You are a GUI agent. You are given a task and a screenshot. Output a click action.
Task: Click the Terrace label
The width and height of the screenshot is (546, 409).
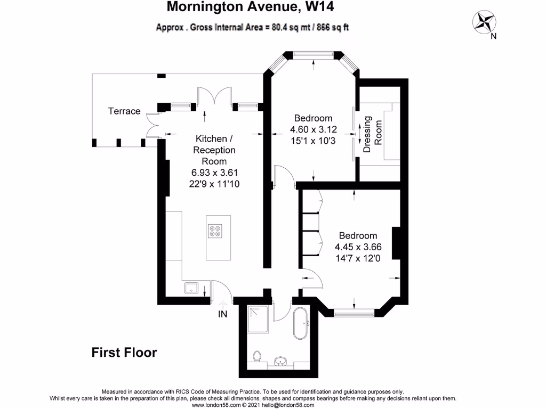(x=124, y=111)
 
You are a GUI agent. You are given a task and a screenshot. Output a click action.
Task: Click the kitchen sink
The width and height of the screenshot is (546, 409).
(x=192, y=288)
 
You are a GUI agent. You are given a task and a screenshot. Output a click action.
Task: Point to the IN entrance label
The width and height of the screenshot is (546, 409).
(x=222, y=314)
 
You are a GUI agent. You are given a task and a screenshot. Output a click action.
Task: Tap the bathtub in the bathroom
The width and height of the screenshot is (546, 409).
(x=301, y=323)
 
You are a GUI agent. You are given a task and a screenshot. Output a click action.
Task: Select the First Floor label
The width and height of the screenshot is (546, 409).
(x=124, y=352)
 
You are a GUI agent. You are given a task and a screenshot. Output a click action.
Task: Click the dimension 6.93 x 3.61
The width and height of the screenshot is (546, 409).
(x=214, y=172)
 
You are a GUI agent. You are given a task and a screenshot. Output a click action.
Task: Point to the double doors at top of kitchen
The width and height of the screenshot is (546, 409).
(x=214, y=97)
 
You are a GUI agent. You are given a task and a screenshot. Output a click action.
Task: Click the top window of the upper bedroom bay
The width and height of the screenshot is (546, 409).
(x=313, y=54)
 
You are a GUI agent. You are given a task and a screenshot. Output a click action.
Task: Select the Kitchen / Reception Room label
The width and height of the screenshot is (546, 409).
(x=214, y=150)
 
